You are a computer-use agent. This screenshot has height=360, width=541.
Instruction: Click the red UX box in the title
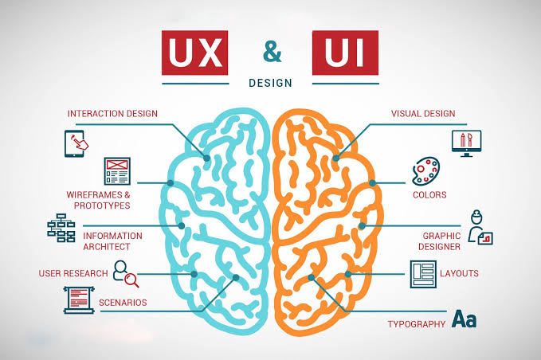coord(194,53)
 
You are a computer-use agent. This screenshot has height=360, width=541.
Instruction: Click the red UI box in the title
coord(345,53)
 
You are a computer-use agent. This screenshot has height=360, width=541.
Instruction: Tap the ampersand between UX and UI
coord(272,52)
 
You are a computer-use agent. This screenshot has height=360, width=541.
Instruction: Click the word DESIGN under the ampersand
coord(270,83)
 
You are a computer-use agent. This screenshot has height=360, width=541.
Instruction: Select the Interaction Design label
coord(112,114)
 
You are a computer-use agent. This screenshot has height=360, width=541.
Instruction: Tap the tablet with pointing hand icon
coord(76,143)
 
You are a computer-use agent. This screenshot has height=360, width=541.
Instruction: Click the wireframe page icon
coord(117,171)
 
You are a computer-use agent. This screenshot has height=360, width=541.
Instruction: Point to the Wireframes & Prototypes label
coord(98,200)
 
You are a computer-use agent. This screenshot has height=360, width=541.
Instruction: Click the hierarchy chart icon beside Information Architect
coord(61,228)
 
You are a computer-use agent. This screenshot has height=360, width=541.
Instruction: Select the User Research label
coord(73,273)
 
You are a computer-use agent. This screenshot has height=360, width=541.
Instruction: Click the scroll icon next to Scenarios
coord(79,300)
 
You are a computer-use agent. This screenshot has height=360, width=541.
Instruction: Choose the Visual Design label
coord(423,114)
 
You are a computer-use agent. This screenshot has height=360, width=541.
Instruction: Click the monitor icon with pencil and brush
coord(466,143)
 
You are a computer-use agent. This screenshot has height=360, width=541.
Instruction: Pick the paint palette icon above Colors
coord(425,171)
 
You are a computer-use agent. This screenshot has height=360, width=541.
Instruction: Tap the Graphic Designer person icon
coord(480,228)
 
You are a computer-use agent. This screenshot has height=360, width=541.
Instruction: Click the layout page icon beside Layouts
coord(423,274)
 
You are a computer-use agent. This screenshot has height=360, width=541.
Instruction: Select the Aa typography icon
coord(465,319)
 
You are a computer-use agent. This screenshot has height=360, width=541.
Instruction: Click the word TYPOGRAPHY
coord(417,324)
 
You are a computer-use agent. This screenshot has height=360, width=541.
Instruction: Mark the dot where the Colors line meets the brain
coord(372,183)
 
